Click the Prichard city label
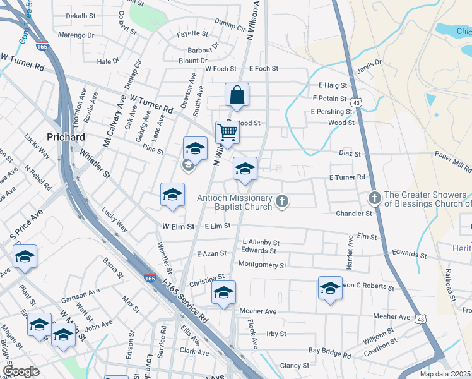point(66,136)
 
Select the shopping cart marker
point(227,133)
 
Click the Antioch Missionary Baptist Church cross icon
point(282,202)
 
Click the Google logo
point(21,371)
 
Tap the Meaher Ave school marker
point(223,292)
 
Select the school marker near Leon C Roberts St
point(330,288)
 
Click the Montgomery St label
point(263,265)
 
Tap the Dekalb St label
point(80,15)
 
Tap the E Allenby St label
point(261,242)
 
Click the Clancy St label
point(294,365)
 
